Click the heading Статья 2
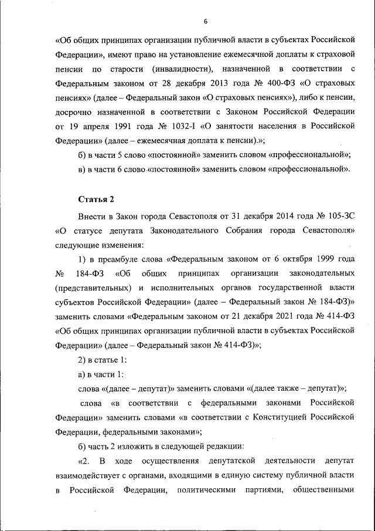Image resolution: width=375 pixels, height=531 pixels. click(x=96, y=199)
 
